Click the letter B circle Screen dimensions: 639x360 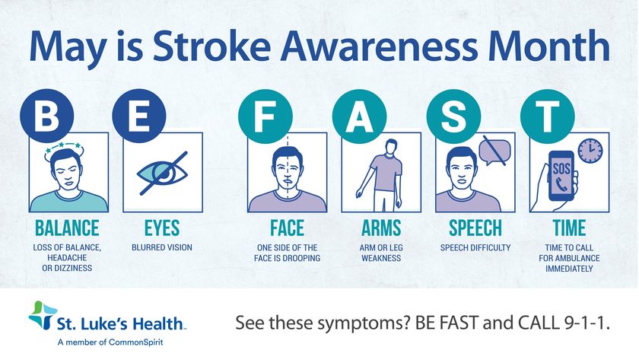[x=47, y=116]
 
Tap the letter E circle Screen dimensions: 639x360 [x=139, y=116]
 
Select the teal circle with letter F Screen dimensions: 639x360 [x=265, y=116]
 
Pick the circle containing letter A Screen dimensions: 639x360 [x=359, y=116]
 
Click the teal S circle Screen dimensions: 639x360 [x=453, y=116]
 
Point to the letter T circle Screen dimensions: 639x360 [x=547, y=116]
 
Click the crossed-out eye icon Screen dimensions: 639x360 [x=163, y=174]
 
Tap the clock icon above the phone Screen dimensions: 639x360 [x=590, y=151]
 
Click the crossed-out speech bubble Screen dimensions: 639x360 [x=494, y=151]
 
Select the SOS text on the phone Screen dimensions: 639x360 [x=561, y=168]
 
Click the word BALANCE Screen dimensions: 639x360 [x=67, y=228]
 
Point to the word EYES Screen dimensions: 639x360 [x=162, y=228]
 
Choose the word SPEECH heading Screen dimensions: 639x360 [x=475, y=228]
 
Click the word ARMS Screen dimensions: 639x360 [x=381, y=228]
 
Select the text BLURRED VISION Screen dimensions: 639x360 [x=162, y=247]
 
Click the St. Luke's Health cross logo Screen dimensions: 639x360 [x=43, y=315]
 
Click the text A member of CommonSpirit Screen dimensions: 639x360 [x=110, y=342]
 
